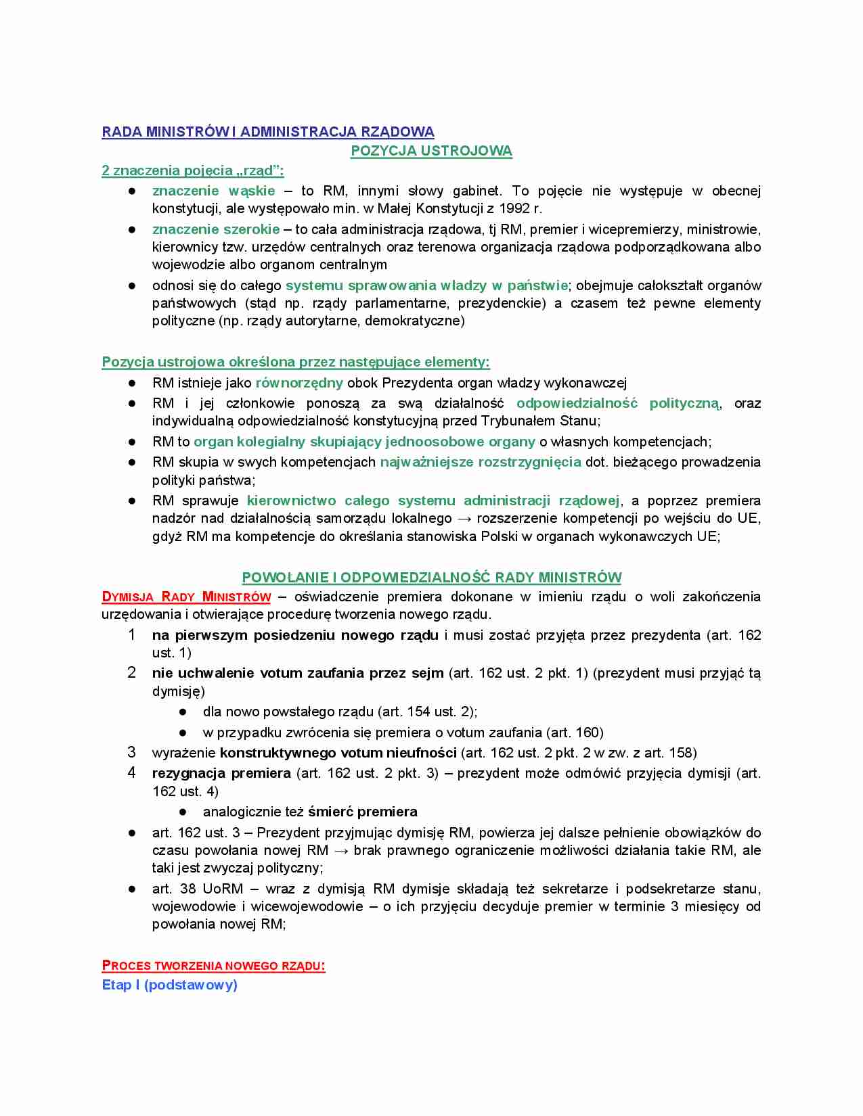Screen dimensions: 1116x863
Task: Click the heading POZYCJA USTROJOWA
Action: pos(431,151)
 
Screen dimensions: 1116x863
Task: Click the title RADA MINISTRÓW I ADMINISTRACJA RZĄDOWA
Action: pos(268,132)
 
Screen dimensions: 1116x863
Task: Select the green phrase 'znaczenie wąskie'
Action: pos(213,191)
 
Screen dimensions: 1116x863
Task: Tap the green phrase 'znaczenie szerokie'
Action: pos(216,229)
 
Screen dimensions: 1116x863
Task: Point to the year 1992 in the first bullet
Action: pos(514,208)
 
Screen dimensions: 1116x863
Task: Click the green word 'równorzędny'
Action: pos(299,383)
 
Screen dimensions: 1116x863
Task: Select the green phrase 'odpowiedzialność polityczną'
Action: pos(617,403)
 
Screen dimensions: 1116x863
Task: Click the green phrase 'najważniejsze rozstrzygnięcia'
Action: pos(481,462)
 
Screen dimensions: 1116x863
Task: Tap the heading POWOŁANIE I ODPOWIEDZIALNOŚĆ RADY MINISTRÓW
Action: pos(431,578)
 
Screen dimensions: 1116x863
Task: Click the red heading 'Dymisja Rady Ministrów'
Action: pos(186,597)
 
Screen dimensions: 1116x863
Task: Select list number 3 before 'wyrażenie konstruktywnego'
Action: pos(131,752)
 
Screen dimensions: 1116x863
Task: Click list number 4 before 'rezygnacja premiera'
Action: pos(131,772)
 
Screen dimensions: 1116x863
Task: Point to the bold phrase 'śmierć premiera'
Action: pos(362,812)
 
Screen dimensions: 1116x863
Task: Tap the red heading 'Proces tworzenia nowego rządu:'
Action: pos(213,966)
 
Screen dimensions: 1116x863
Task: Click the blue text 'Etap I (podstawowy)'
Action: pos(169,985)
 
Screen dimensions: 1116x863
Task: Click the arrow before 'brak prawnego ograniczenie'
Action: pos(341,850)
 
